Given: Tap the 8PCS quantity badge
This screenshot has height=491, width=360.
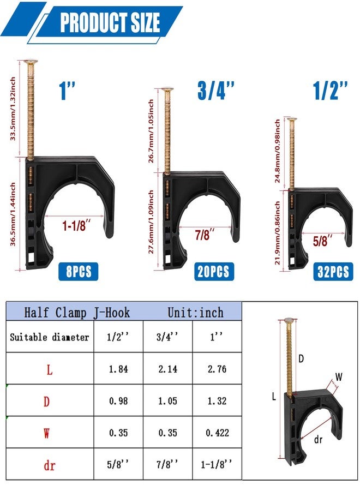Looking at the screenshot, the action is click(x=78, y=271).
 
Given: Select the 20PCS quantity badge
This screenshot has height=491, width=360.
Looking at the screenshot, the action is click(x=213, y=271).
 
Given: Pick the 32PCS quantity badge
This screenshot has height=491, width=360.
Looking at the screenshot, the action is click(x=333, y=271).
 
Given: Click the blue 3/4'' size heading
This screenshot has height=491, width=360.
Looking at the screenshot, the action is click(x=216, y=90).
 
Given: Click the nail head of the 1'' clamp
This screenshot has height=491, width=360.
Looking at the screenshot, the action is click(x=30, y=61).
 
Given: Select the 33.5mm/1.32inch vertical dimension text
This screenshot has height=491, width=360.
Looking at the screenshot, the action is click(x=13, y=109).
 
